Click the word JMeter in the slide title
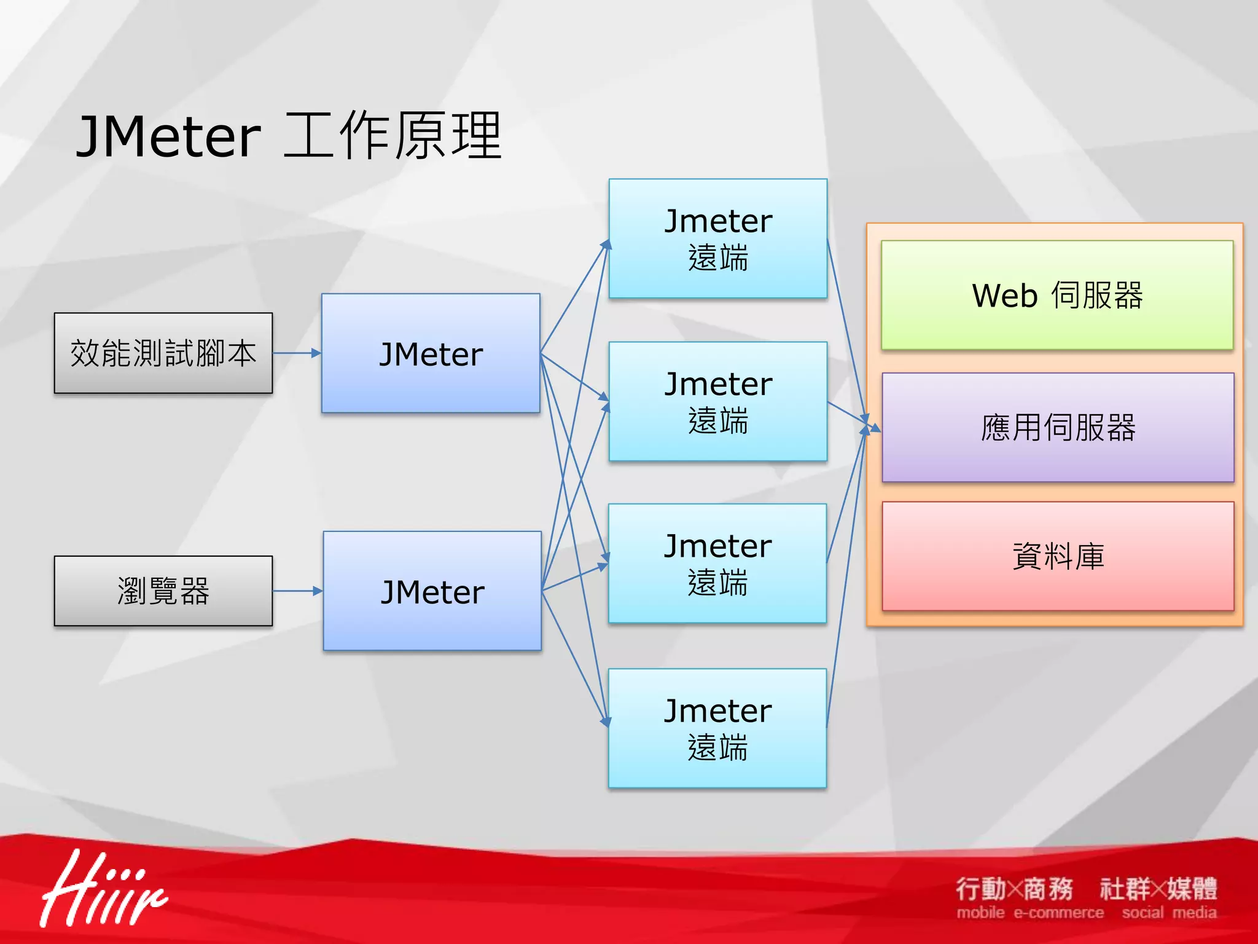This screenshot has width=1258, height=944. coord(169,136)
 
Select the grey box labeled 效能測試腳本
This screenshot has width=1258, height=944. coord(163,353)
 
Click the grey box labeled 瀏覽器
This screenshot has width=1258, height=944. coord(163,591)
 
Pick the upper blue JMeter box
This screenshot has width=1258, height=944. coord(431,353)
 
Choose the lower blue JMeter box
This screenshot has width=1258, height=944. coord(432,591)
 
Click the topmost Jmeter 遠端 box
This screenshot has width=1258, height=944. coord(718,238)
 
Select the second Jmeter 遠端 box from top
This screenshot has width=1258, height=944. coord(718,401)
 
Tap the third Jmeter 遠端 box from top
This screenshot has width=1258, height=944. coord(717,564)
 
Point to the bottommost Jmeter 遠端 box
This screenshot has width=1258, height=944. coord(717,728)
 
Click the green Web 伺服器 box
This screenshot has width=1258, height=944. coord(1057,296)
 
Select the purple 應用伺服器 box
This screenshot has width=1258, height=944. coord(1058,428)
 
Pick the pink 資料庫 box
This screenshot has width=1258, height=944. coord(1058,556)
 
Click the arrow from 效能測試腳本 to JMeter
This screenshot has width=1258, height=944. coord(297,353)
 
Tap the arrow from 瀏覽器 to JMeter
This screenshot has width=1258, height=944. coord(297,591)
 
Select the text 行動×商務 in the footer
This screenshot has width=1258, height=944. coord(1014,889)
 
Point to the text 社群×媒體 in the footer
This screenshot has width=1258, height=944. coord(1158,889)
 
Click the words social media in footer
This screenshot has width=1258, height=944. coord(1169,913)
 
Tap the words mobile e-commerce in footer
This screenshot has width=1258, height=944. coord(1030,913)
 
